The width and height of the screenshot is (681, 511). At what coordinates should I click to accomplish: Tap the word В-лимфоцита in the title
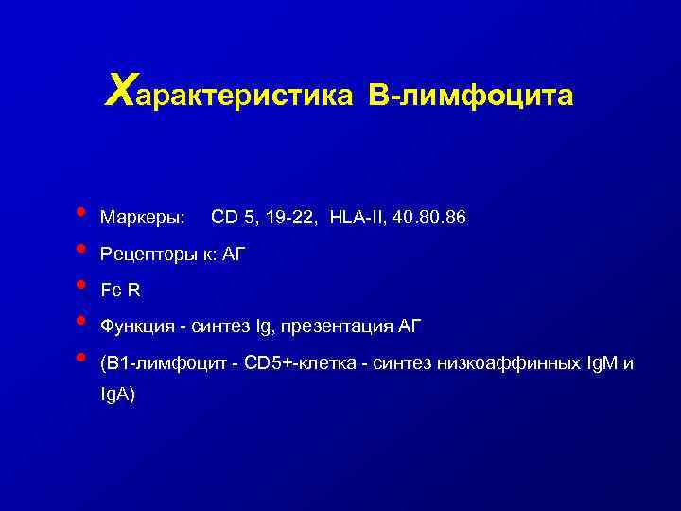pos(470,96)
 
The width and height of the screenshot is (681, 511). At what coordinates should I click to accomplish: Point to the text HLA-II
pos(357,219)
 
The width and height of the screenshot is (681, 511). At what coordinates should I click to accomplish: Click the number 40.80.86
pos(428,219)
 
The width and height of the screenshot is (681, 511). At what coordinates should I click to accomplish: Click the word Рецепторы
pos(148,255)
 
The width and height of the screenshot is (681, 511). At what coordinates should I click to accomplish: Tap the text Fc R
pos(120,291)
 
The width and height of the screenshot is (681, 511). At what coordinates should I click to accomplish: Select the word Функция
pos(142,327)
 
